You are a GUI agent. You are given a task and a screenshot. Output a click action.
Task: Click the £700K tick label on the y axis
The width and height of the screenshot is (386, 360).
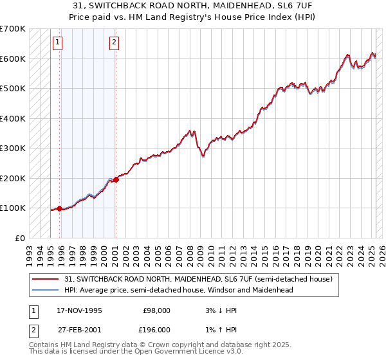[13, 29]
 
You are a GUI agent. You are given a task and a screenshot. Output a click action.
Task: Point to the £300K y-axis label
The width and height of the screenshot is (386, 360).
[13, 148]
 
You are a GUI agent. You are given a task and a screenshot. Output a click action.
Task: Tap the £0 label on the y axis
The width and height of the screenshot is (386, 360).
[20, 238]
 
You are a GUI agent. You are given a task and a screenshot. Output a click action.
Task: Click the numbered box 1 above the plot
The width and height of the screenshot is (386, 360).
[58, 43]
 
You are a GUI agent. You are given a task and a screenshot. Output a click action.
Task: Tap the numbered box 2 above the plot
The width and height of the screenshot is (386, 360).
[114, 43]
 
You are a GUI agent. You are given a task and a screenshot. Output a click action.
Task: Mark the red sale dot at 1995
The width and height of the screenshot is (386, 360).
[60, 208]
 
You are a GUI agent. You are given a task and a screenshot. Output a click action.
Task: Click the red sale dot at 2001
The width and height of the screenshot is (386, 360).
[116, 179]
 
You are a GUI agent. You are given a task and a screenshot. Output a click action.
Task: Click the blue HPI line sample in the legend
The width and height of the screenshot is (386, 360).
[46, 290]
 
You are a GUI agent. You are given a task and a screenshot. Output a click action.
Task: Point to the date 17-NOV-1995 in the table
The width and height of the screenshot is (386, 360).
[80, 310]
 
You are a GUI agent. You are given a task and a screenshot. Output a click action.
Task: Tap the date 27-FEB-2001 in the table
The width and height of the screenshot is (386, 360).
[80, 329]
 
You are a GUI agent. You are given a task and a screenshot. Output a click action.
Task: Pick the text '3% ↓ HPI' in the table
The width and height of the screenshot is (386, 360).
[219, 310]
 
